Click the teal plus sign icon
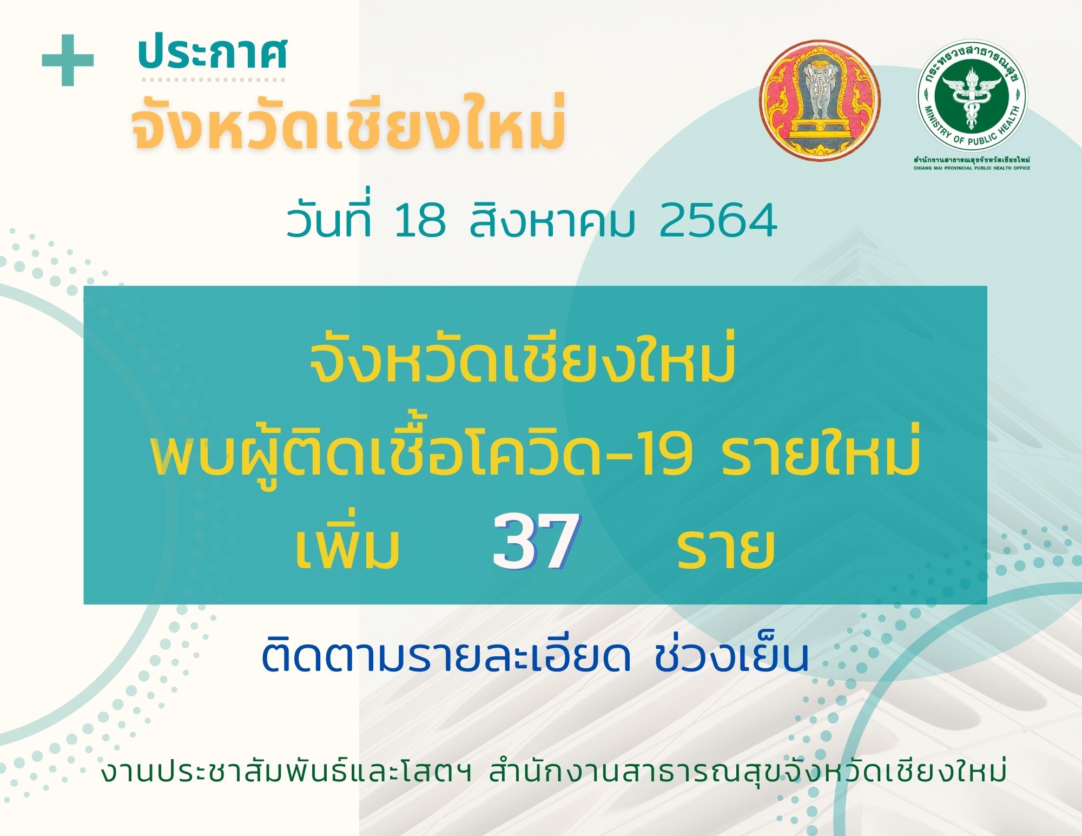click(68, 60)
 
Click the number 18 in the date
click(420, 221)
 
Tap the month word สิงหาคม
click(552, 219)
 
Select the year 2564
click(718, 221)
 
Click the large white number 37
click(536, 541)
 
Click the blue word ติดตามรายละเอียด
click(446, 656)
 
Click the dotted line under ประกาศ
click(213, 80)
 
